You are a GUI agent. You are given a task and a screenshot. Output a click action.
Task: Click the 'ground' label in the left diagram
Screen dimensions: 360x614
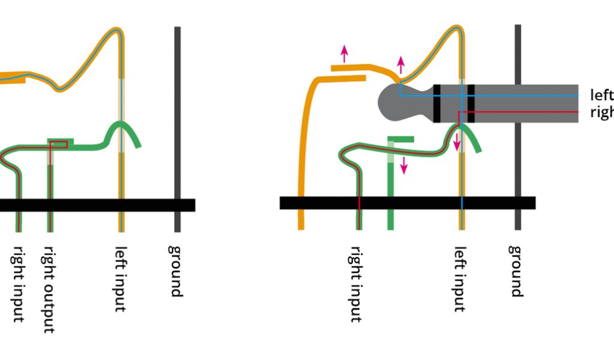click(175, 271)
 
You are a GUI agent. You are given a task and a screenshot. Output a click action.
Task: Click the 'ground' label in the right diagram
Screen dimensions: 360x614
click(516, 271)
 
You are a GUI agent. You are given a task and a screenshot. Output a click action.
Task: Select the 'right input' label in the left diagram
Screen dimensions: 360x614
click(19, 284)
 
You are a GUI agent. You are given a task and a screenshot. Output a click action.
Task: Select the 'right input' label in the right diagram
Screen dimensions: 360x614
click(356, 284)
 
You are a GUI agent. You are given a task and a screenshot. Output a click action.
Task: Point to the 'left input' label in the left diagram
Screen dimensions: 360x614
click(121, 279)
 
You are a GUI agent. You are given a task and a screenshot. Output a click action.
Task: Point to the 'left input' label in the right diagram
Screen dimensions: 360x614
click(460, 279)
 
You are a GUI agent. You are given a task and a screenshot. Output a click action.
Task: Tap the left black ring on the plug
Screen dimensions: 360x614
click(437, 103)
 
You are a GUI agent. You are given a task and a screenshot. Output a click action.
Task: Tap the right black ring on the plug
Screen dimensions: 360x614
click(471, 103)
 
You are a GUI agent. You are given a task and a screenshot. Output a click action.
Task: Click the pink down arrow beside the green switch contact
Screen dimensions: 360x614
click(404, 164)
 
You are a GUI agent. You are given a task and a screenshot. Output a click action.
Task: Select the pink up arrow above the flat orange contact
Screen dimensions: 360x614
click(344, 53)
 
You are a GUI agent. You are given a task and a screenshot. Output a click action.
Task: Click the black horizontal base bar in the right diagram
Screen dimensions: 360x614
click(408, 203)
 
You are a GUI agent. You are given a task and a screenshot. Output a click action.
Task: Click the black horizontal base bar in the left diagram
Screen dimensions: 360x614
click(96, 205)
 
